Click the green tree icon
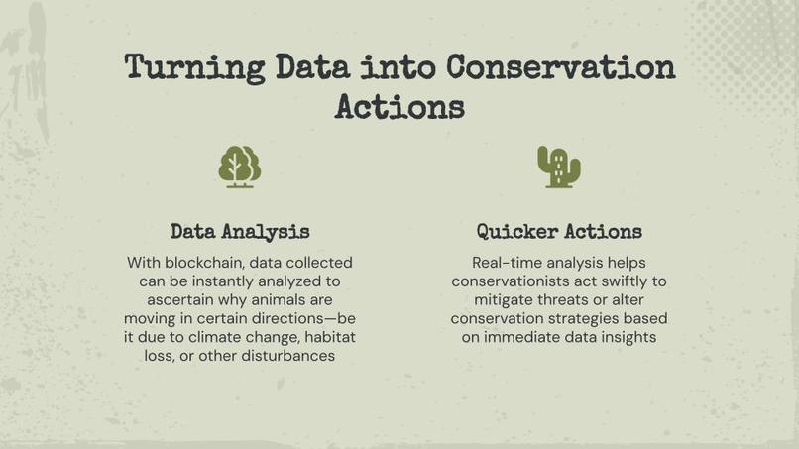coord(239,167)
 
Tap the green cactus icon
coord(558,167)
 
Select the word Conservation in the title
coord(560,67)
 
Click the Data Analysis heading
coord(240,232)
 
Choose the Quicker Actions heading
coord(559,232)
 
